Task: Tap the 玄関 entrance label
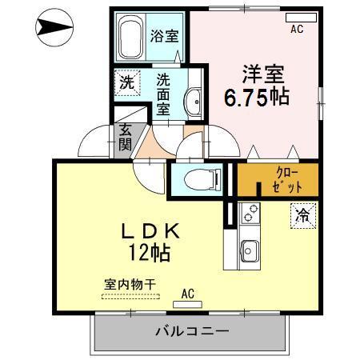click(126, 138)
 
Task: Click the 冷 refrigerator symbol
click(304, 214)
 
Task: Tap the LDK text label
click(151, 232)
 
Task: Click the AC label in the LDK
click(189, 294)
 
